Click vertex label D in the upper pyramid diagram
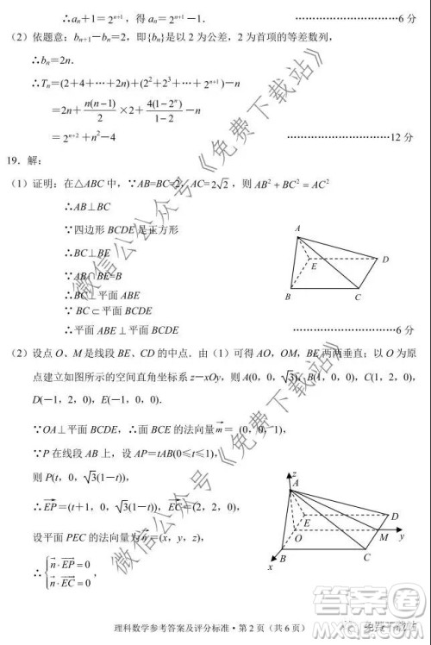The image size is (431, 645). click(385, 260)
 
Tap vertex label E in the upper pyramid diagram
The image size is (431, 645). click(315, 266)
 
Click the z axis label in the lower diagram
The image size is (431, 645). click(295, 474)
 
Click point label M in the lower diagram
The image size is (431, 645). click(383, 541)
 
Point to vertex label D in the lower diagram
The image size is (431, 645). click(394, 516)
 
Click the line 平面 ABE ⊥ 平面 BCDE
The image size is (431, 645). click(121, 329)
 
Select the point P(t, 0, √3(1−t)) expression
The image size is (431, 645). click(84, 476)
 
